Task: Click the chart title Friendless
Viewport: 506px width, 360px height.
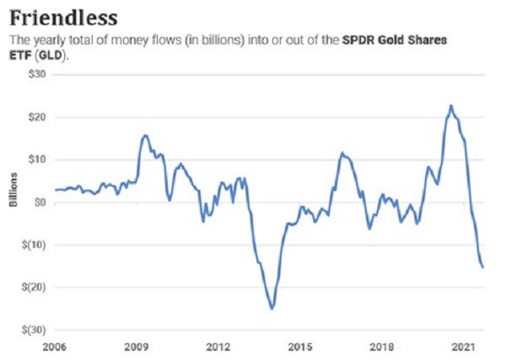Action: (x=63, y=17)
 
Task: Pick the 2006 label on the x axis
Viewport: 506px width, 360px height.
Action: (x=55, y=347)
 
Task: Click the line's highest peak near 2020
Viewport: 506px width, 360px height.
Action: (x=451, y=105)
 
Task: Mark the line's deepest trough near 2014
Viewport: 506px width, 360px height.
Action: (x=272, y=309)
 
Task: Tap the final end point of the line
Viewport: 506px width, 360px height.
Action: (x=483, y=267)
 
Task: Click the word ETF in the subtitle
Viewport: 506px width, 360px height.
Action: (x=19, y=56)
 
